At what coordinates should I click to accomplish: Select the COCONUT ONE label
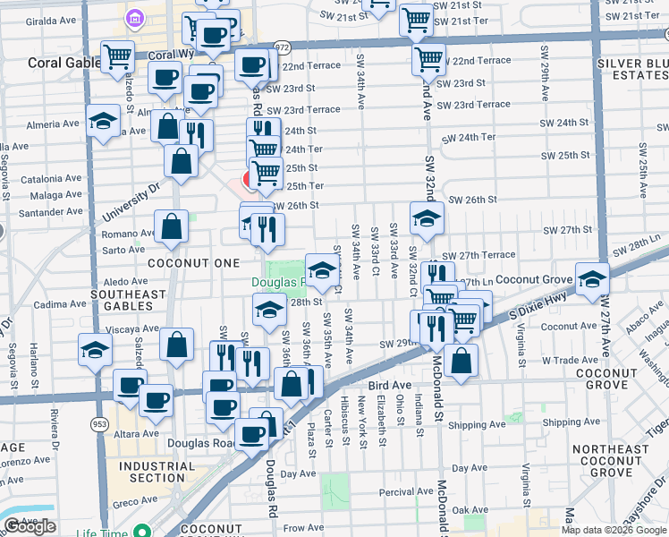[193, 263]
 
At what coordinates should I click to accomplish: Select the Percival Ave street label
[406, 491]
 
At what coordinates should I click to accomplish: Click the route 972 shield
[283, 47]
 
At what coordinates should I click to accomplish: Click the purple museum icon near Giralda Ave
[135, 18]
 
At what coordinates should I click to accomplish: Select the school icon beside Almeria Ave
[103, 121]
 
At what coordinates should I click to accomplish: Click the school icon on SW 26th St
[427, 217]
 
